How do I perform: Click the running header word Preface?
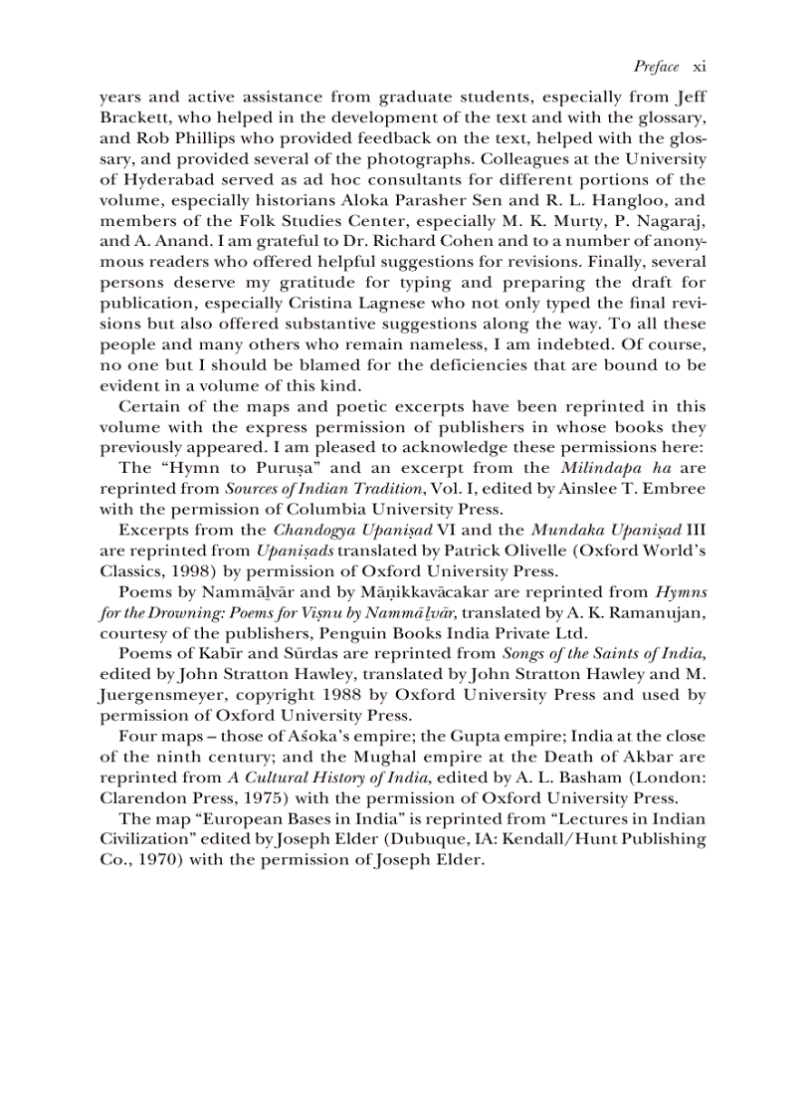coord(657,67)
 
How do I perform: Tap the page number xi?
coord(699,67)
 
